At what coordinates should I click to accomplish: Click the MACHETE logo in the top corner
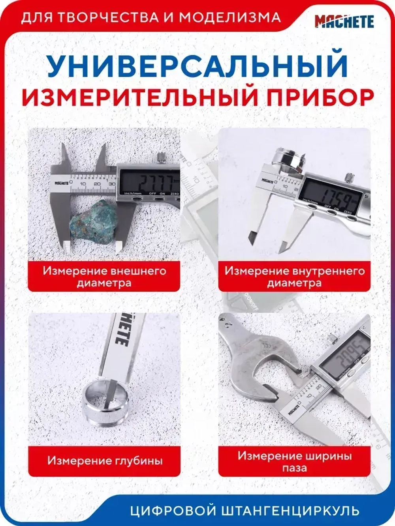point(344,21)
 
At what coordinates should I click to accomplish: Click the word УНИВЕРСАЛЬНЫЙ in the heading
point(197,65)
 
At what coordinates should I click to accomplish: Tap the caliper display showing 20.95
point(343,359)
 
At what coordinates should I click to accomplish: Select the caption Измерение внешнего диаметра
point(104,277)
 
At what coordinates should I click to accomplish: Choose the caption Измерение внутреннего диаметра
point(294,277)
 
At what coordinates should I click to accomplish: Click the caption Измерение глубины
point(104,460)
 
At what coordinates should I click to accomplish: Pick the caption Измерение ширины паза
point(294,462)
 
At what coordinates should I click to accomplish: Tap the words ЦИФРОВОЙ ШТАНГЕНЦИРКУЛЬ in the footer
point(245,511)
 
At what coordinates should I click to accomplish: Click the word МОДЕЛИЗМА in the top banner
point(229,18)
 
